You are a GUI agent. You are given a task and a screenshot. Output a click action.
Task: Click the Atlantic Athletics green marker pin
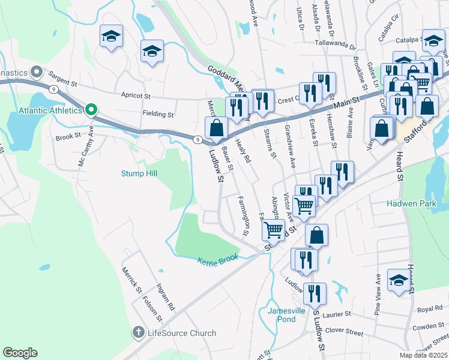(x=91, y=110)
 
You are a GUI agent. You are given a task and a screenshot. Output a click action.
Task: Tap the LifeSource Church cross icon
(x=138, y=332)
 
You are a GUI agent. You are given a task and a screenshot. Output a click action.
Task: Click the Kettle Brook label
(x=218, y=259)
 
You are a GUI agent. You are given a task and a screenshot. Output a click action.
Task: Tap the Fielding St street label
(x=158, y=113)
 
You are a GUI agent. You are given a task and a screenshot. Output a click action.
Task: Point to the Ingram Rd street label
(x=165, y=297)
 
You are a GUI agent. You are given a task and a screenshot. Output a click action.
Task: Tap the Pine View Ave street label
(x=378, y=295)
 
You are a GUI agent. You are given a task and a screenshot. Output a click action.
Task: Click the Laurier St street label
(x=337, y=314)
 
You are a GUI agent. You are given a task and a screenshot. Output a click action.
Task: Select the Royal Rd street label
(x=429, y=309)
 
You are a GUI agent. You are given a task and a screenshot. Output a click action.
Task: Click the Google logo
(x=20, y=353)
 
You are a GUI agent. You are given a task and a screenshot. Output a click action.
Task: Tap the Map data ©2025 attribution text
(x=424, y=355)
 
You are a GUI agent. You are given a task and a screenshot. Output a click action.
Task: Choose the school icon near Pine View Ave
(x=398, y=281)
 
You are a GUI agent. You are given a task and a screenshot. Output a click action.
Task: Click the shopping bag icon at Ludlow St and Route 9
(x=216, y=127)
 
